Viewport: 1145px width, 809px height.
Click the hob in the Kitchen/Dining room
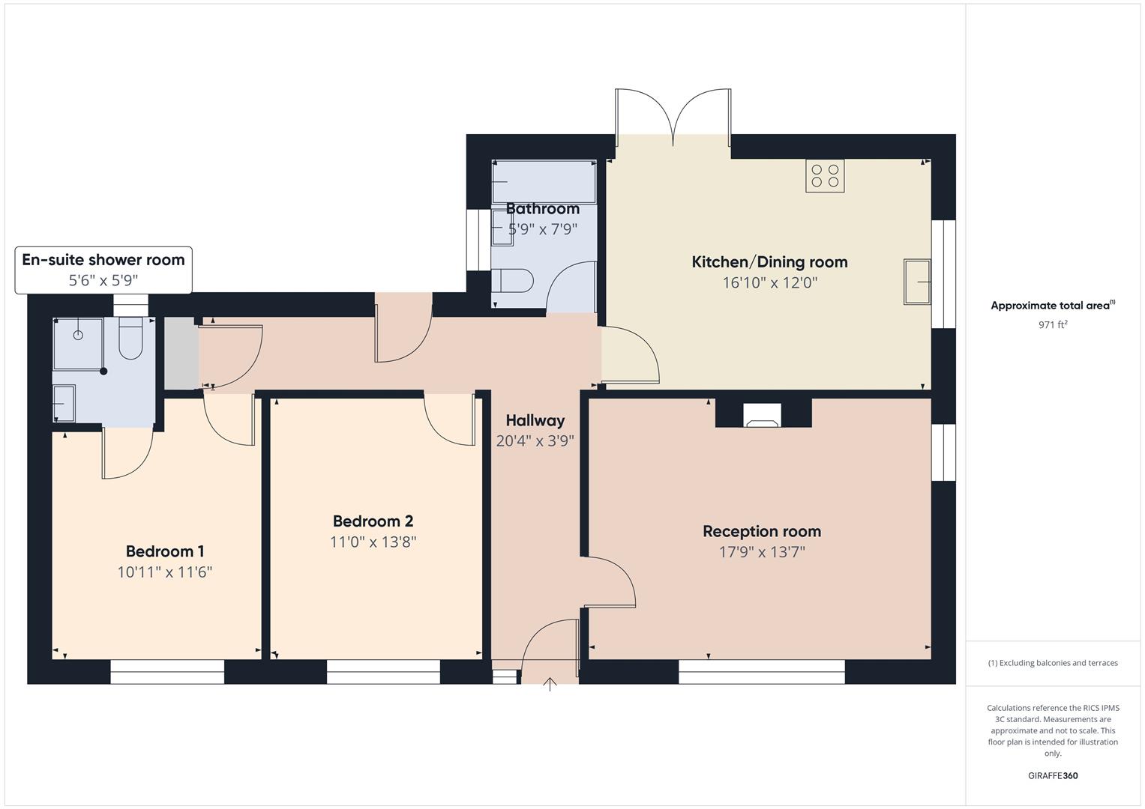pos(825,176)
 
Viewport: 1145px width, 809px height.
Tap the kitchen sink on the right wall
pos(917,282)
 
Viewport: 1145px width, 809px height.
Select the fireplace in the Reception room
pos(763,416)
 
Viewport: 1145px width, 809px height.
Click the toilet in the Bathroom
pos(512,281)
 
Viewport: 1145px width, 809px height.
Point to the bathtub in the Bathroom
pos(544,181)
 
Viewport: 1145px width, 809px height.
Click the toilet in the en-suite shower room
pos(130,339)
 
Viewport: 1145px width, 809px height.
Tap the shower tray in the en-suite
pos(78,343)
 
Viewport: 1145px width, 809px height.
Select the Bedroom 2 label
pos(373,521)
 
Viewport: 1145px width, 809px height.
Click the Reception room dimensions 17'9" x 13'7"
pos(762,553)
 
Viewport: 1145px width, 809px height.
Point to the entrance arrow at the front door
pos(550,684)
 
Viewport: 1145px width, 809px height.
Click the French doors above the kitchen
pos(673,116)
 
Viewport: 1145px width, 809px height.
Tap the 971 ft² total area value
pos(1053,325)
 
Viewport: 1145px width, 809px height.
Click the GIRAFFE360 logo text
pos(1053,775)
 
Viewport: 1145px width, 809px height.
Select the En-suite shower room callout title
pos(103,260)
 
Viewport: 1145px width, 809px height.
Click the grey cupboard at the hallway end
pos(180,354)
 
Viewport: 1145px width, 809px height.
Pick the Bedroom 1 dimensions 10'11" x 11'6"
pos(165,572)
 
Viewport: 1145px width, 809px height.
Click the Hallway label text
pos(535,420)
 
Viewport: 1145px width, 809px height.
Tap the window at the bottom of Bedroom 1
pos(167,672)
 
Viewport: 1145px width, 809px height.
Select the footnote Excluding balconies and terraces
pos(1053,663)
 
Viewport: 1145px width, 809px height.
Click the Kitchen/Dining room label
pos(769,262)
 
